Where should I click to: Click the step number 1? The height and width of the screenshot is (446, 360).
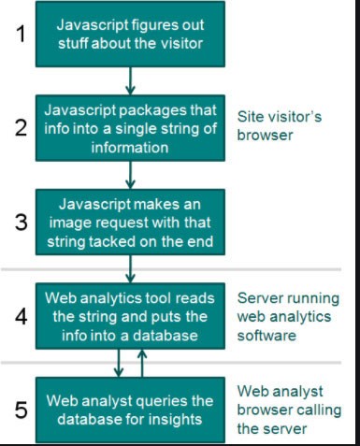tap(18, 35)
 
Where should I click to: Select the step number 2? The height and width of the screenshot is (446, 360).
tap(18, 128)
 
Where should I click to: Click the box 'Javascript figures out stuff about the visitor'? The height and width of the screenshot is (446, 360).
tap(131, 36)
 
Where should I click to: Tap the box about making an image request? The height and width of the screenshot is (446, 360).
tap(131, 222)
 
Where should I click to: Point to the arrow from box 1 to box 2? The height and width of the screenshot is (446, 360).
tap(131, 80)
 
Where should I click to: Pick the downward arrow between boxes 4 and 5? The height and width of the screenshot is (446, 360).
tap(120, 362)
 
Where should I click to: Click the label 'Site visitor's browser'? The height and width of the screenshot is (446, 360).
tap(278, 128)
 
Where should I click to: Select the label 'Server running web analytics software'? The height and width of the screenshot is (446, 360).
tap(287, 315)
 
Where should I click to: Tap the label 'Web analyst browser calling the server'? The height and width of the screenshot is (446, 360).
tap(281, 407)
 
